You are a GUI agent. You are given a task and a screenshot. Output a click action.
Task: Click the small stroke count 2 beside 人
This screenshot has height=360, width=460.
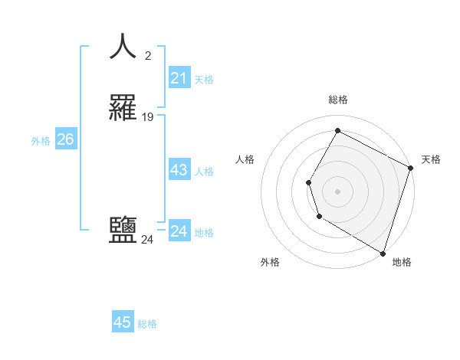pyautogui.click(x=147, y=55)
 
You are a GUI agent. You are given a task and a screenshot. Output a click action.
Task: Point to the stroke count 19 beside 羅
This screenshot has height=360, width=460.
pyautogui.click(x=148, y=117)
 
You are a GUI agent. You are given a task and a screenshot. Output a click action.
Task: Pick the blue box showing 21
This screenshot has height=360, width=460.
pyautogui.click(x=179, y=78)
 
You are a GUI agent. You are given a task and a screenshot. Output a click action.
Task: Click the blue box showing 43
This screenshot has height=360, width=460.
pyautogui.click(x=179, y=170)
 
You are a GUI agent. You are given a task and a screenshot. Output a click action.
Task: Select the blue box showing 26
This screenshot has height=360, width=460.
pyautogui.click(x=65, y=139)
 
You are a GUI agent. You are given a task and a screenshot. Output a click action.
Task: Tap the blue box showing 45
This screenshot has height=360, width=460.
pyautogui.click(x=123, y=322)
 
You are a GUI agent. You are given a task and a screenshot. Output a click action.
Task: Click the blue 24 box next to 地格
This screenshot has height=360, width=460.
pyautogui.click(x=179, y=231)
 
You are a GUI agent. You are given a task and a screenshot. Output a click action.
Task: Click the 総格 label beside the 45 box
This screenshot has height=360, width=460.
pyautogui.click(x=147, y=324)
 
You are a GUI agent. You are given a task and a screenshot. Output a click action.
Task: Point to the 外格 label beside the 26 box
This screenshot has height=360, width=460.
pyautogui.click(x=41, y=141)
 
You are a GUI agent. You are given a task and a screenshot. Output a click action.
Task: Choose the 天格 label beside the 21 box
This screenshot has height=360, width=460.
pyautogui.click(x=204, y=80)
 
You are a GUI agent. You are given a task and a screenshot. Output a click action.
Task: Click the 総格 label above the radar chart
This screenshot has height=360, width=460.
pyautogui.click(x=337, y=100)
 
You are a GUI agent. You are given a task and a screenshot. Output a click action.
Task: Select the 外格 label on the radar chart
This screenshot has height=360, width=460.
pyautogui.click(x=270, y=263)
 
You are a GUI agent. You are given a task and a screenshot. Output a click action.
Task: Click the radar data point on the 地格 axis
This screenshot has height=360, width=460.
pyautogui.click(x=383, y=253)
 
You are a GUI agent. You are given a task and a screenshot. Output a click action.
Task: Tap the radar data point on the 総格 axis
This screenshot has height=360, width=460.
pyautogui.click(x=337, y=131)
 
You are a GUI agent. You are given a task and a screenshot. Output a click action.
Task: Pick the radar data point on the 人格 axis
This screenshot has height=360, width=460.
pyautogui.click(x=308, y=182)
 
